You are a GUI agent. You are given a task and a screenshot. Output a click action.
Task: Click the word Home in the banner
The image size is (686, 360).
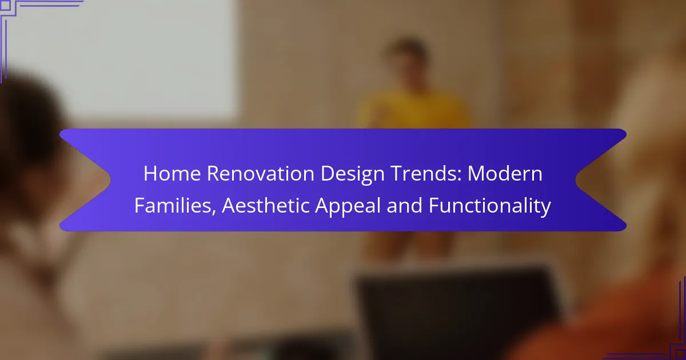(172, 174)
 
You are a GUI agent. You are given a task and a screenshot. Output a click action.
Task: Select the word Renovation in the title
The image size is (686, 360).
(261, 174)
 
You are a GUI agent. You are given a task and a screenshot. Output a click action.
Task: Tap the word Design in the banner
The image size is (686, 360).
(353, 175)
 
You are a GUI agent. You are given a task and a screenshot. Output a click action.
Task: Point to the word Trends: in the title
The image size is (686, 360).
(426, 174)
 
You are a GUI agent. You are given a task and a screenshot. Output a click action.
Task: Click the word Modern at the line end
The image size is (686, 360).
(505, 174)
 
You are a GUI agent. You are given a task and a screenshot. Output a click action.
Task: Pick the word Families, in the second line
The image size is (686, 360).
(175, 205)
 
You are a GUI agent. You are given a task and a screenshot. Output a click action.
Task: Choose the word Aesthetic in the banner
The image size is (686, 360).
(265, 205)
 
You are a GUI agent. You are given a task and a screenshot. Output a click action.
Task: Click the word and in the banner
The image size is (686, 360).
(405, 205)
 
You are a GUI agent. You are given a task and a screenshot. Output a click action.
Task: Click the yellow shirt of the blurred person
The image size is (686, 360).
(413, 110)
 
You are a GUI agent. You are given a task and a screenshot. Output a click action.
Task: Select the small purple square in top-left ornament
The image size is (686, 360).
(5, 5)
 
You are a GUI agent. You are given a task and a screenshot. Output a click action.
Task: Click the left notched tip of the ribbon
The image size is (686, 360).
(110, 180)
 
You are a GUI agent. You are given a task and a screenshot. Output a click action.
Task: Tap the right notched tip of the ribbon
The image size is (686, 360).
(576, 180)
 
